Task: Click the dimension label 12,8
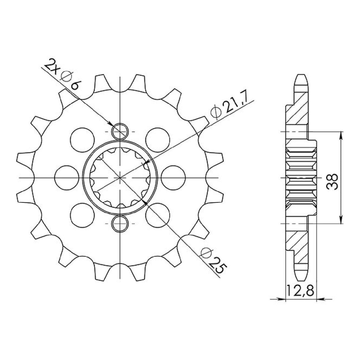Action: click(x=300, y=291)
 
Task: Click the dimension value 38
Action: click(x=332, y=181)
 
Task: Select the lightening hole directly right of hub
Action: click(x=173, y=177)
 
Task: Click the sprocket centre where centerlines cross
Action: click(x=120, y=178)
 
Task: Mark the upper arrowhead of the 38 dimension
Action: click(x=341, y=135)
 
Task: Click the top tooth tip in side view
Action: click(x=301, y=76)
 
